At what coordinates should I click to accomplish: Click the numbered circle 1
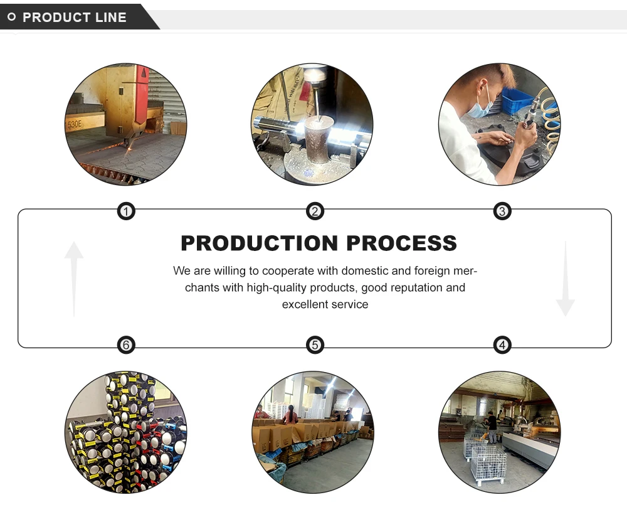click(126, 211)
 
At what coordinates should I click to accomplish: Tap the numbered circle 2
click(315, 211)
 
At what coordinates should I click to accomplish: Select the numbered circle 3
click(502, 211)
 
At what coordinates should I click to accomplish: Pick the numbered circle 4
click(502, 344)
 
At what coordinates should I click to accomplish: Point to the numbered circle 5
click(315, 344)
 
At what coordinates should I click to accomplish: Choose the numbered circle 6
click(126, 344)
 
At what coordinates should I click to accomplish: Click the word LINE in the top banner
click(111, 18)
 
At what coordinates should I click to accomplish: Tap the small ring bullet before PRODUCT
click(11, 17)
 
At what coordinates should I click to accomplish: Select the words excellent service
click(325, 304)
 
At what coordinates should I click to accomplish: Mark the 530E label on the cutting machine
click(75, 124)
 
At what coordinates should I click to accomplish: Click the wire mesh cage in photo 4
click(488, 465)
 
